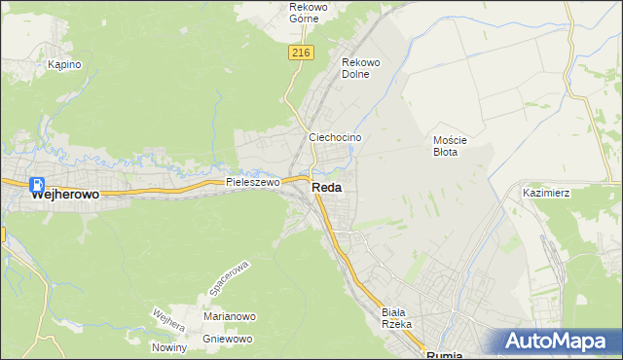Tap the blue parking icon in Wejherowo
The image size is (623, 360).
[x=36, y=185]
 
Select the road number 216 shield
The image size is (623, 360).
[x=300, y=54]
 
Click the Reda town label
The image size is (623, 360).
[x=327, y=189]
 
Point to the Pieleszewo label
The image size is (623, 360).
[x=253, y=182]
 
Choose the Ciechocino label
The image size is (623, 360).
[x=335, y=138]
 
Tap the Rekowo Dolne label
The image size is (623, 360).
[x=359, y=68]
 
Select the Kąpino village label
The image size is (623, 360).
[x=64, y=65]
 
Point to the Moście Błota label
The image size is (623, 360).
[x=451, y=146]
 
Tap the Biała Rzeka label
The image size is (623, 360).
[x=397, y=316]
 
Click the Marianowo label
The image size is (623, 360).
[x=229, y=317]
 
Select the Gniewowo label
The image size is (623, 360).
[x=229, y=339]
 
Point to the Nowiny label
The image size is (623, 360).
[x=168, y=347]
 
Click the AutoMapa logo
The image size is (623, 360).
[x=557, y=342]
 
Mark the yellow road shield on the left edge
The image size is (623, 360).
[x=2, y=234]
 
